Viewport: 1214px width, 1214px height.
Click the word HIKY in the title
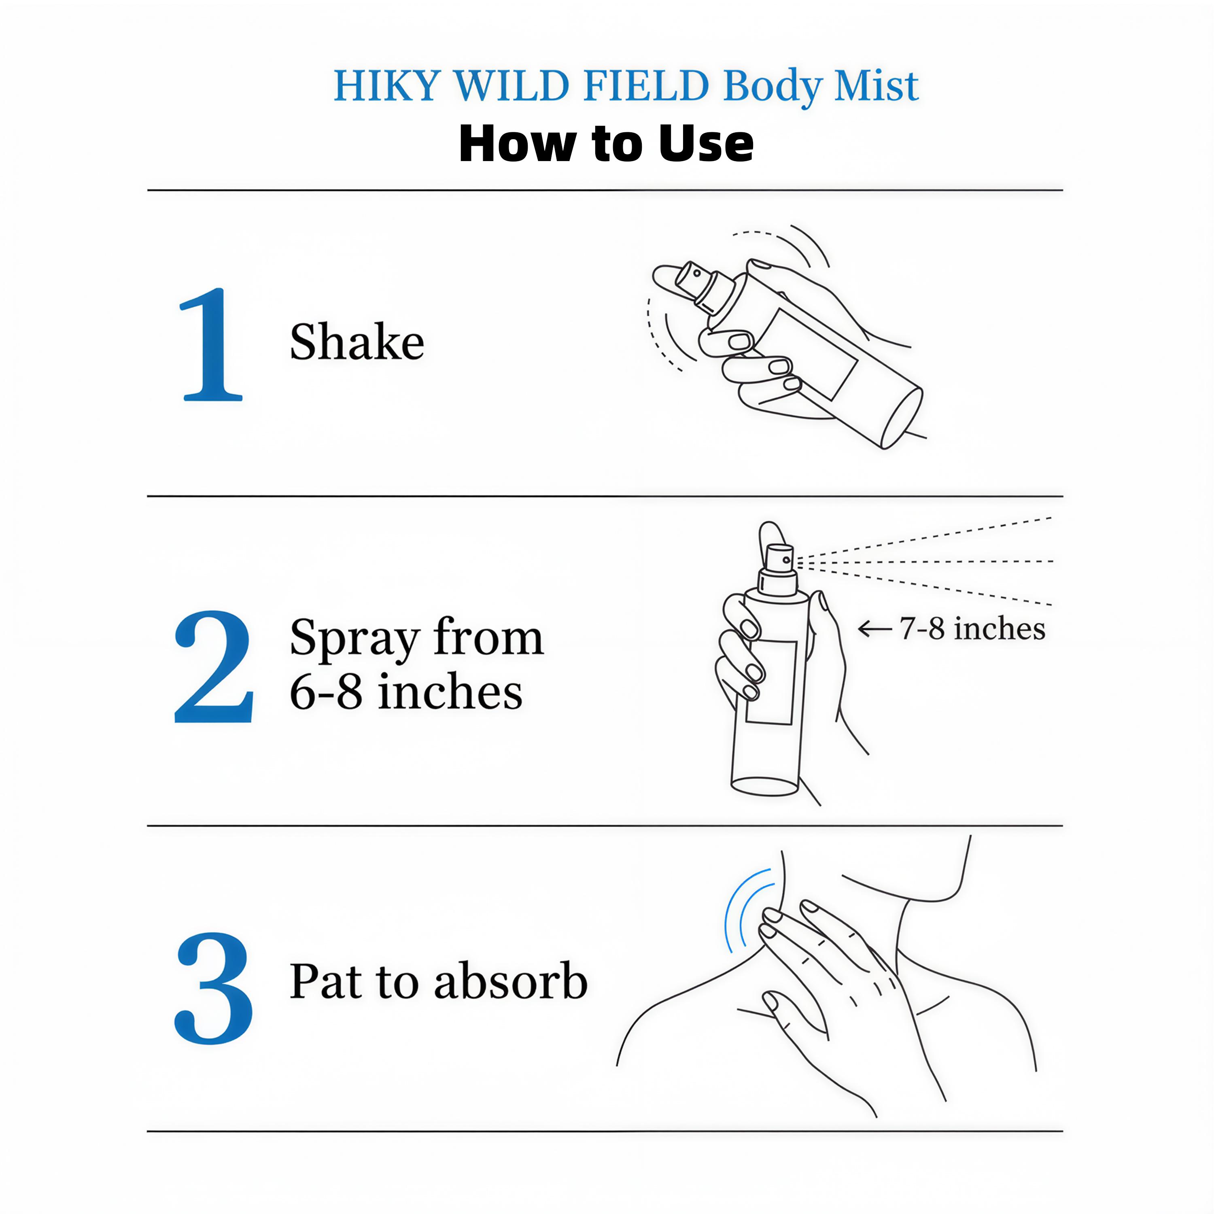click(385, 86)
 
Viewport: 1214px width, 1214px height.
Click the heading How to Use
click(606, 144)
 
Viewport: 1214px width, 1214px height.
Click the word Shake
click(357, 342)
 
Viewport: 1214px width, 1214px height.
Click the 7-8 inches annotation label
click(972, 628)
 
